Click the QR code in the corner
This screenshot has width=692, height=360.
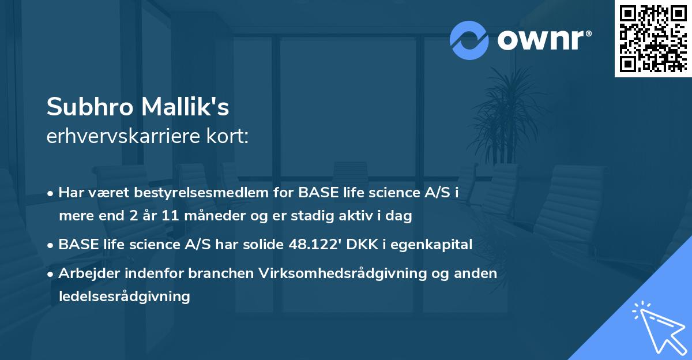(653, 38)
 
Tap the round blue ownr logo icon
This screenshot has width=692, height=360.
(469, 40)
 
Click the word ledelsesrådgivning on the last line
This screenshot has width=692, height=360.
(124, 297)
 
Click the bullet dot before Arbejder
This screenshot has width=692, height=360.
(51, 274)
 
